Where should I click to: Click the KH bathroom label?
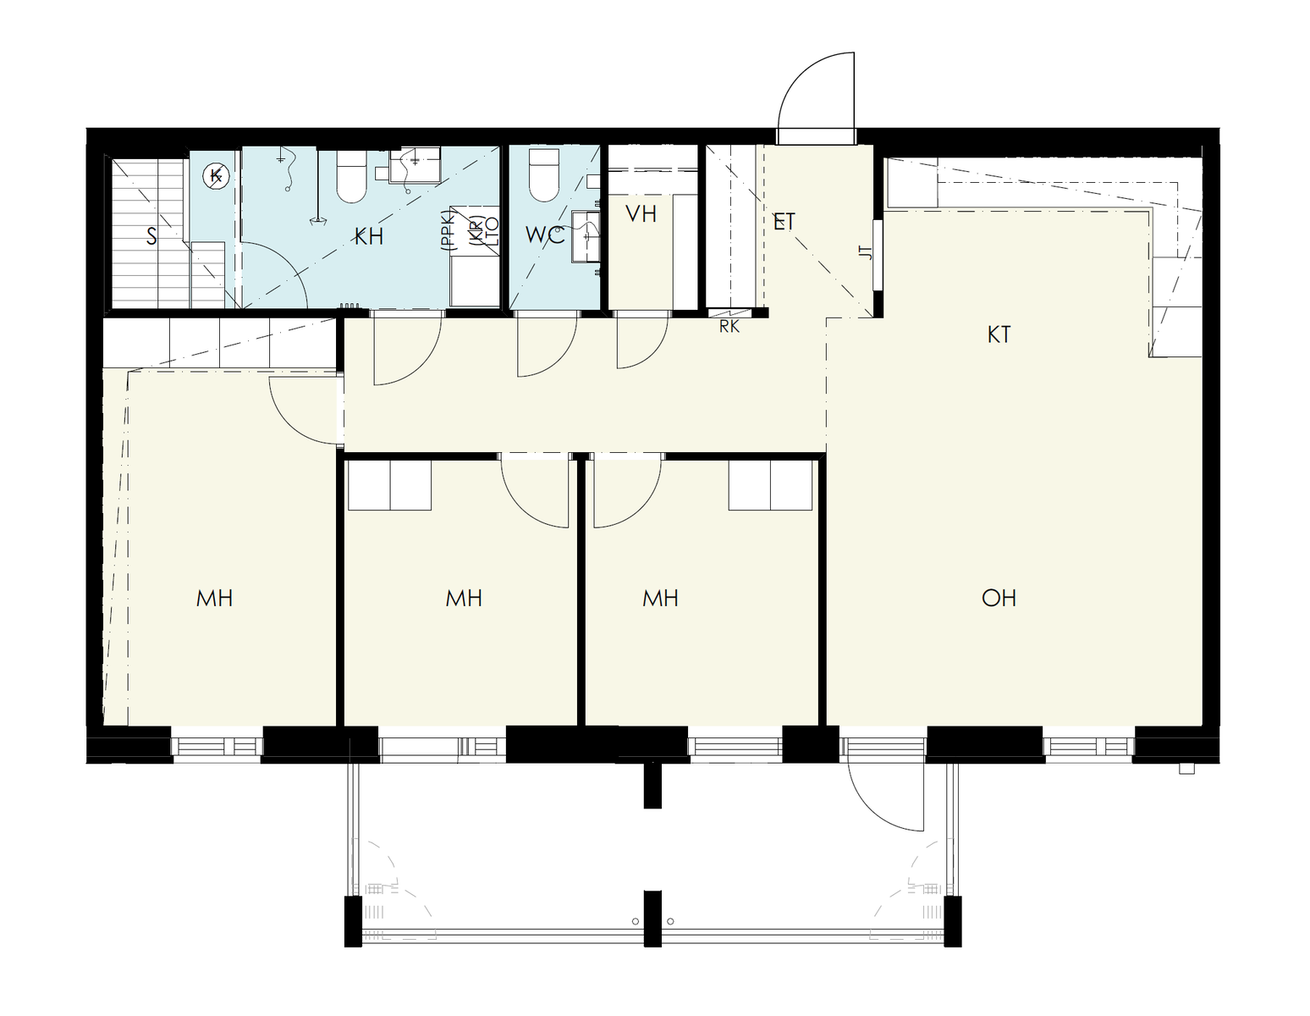(x=368, y=236)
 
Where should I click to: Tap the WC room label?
(x=544, y=235)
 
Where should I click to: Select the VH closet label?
(x=641, y=213)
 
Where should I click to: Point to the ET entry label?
(x=784, y=222)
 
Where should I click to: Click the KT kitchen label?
(x=999, y=334)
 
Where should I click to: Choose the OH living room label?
(x=999, y=598)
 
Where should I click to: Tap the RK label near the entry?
(x=729, y=327)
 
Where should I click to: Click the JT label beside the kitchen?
(x=867, y=252)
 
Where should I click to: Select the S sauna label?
(x=151, y=236)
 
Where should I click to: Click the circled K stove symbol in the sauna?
(x=215, y=176)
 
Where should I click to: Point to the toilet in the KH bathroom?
(x=351, y=175)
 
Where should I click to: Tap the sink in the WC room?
(x=585, y=235)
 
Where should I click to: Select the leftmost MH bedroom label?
(x=215, y=598)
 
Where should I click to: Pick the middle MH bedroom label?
(x=464, y=598)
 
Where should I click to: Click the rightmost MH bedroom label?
(x=660, y=598)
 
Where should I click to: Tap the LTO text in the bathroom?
(x=492, y=233)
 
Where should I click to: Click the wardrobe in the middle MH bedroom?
(x=389, y=485)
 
